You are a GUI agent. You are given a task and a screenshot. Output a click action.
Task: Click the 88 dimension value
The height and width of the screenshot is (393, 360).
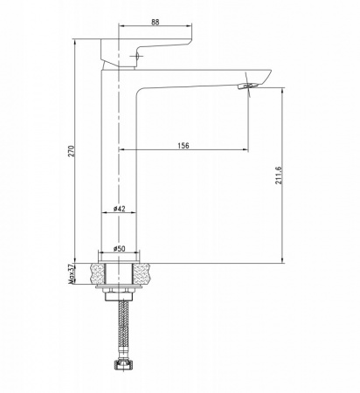coord(156,23)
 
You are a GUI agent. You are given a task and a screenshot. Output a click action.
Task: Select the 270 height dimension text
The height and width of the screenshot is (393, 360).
coord(72,151)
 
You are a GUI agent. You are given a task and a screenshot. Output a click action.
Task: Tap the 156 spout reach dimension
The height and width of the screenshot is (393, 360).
coord(183,145)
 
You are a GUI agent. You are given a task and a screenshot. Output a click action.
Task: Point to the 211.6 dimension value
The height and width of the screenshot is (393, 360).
coord(279,175)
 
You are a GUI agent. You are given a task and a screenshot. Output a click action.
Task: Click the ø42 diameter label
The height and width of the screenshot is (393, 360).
coord(119,209)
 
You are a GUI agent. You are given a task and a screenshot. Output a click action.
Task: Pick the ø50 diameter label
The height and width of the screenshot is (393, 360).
coord(119,249)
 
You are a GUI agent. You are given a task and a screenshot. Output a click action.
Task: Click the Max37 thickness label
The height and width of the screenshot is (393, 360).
coord(72,274)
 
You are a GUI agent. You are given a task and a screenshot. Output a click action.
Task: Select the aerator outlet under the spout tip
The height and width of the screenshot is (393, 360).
coord(248,86)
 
